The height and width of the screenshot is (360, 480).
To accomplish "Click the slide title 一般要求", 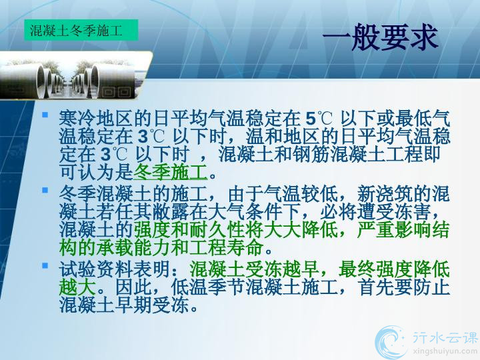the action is (380, 38).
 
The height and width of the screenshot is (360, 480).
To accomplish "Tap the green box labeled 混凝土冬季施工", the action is (81, 30).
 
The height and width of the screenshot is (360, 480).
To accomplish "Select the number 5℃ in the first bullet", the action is (319, 119).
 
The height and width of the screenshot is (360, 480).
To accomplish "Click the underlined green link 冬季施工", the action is (171, 173).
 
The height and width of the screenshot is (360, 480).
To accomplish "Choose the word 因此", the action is (133, 287).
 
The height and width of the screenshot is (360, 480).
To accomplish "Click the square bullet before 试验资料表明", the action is (45, 265).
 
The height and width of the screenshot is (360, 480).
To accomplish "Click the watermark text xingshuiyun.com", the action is (445, 351).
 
